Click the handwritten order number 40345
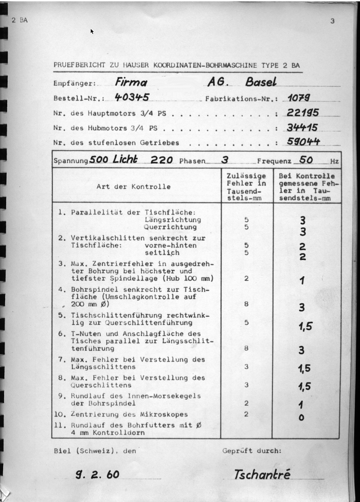tap(132, 97)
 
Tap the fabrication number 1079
tap(298, 97)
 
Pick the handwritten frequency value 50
tap(306, 160)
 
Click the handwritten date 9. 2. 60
tap(97, 475)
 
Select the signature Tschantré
tap(262, 474)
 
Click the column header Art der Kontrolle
tap(133, 187)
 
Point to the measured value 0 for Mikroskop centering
tap(301, 418)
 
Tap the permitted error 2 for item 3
tap(246, 278)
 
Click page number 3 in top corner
tap(333, 21)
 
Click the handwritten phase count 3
tap(224, 160)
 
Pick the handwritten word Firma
tap(131, 82)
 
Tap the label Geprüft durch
tap(252, 451)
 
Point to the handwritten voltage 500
tap(99, 160)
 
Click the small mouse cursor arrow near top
tap(92, 31)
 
